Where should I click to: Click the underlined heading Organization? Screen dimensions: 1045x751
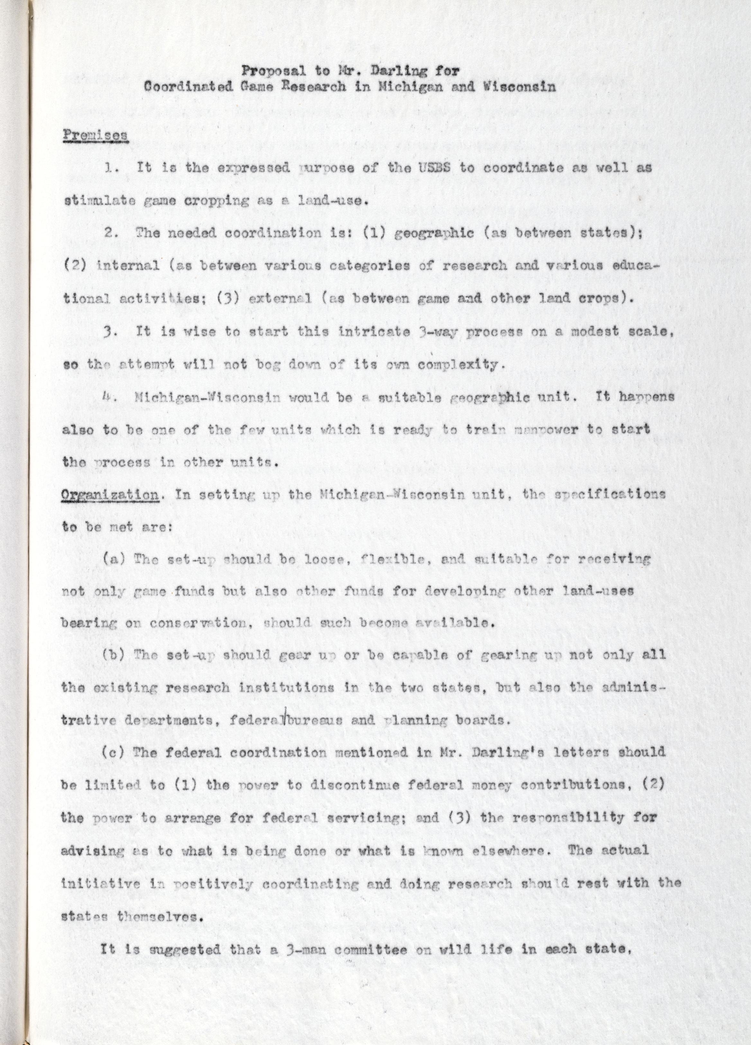110,495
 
